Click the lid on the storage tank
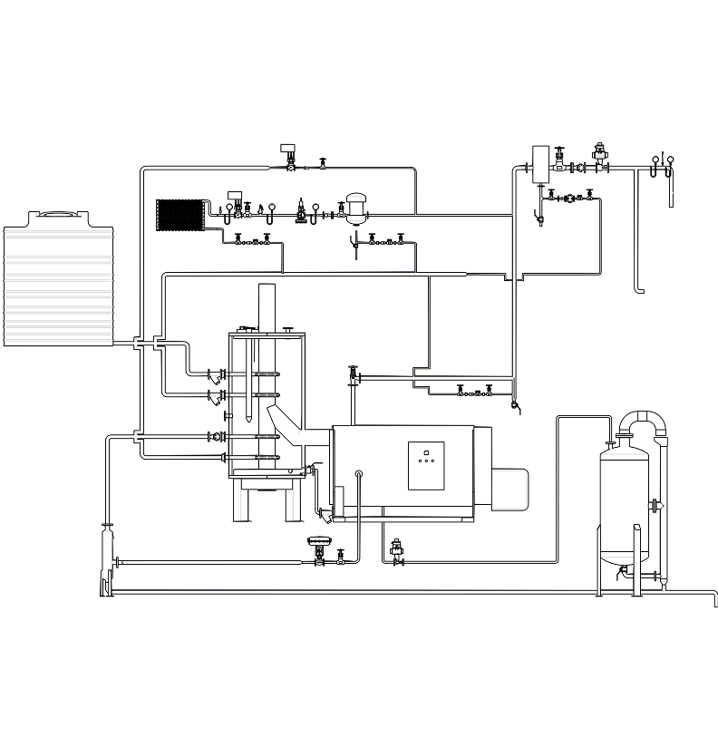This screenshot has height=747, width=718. (61, 214)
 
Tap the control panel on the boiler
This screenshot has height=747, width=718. (426, 465)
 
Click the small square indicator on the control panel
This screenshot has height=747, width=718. (426, 451)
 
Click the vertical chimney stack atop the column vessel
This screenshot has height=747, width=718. (266, 307)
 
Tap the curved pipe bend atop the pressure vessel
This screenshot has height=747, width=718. (643, 420)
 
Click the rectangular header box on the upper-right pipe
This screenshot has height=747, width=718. (542, 162)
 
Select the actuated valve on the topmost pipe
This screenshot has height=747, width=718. (289, 157)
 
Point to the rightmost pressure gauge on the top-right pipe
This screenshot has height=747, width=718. (671, 164)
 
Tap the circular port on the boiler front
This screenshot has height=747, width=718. (359, 473)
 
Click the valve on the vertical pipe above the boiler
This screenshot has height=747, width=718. (353, 374)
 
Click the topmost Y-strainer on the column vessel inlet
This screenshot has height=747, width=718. (216, 376)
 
